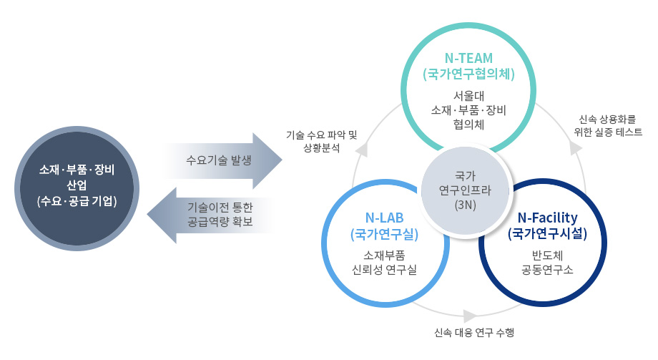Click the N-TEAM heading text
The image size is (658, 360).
[x=469, y=58]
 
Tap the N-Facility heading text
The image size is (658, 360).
[x=547, y=217]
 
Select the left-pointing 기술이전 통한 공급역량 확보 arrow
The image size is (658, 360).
[x=212, y=215]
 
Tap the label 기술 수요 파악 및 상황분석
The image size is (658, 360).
[x=321, y=141]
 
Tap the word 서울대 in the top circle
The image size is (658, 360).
[x=469, y=95]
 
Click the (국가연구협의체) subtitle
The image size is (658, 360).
[x=469, y=74]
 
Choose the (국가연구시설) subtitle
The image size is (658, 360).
[x=547, y=233]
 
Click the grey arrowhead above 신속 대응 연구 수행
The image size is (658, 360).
[x=470, y=316]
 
